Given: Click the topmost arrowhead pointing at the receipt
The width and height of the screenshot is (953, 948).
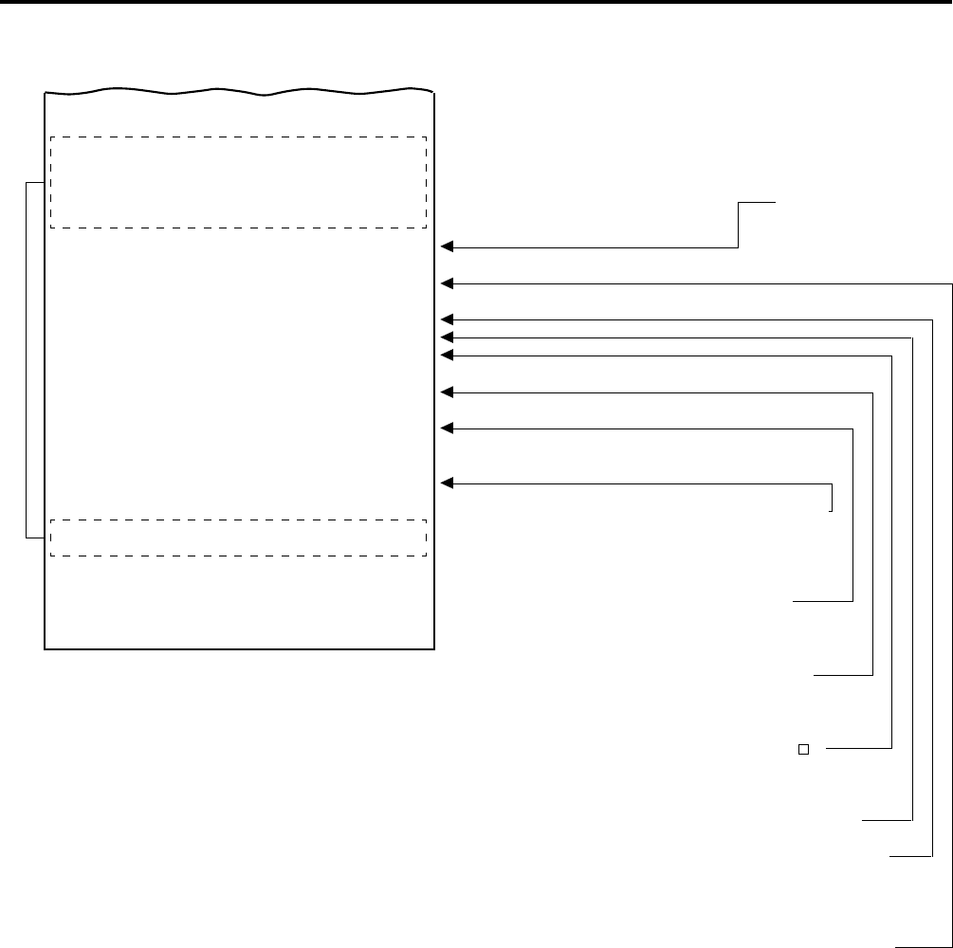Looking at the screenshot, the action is [448, 247].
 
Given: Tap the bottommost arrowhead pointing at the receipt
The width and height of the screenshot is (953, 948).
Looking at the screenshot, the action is [448, 484].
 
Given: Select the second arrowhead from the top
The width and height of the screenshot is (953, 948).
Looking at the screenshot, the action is [448, 283].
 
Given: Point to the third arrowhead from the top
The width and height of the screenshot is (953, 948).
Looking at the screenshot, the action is [448, 319].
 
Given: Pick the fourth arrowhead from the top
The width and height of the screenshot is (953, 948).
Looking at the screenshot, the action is [448, 337].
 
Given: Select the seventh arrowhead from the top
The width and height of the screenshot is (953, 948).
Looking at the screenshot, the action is [448, 428].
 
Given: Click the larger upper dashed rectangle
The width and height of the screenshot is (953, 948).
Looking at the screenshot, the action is [238, 182].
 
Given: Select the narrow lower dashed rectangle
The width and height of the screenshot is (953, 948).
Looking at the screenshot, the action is [238, 538].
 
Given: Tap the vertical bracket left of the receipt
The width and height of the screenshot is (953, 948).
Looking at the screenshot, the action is [27, 360].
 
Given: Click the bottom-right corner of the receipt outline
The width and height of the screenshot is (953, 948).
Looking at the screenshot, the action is [433, 649].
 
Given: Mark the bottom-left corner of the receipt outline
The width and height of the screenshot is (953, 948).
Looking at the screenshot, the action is [46, 649].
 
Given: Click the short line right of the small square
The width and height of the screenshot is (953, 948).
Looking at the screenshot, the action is [858, 749].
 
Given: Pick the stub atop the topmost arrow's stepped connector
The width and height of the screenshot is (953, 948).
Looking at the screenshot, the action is [757, 202].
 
